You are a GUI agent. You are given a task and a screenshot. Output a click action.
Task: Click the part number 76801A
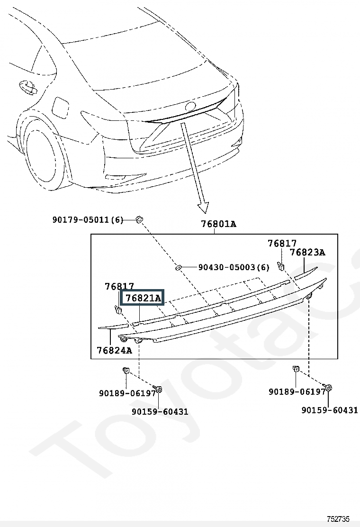217,224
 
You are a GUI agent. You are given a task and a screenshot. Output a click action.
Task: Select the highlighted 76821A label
143,298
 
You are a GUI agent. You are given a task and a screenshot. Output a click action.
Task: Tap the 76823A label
307,252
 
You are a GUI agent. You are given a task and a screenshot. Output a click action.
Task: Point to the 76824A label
114,350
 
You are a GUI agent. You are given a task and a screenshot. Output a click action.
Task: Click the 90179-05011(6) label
88,219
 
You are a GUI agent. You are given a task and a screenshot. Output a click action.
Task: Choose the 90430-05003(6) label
234,267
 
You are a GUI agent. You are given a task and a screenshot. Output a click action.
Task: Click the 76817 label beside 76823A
282,243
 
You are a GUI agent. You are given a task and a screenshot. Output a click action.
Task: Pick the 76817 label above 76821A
119,286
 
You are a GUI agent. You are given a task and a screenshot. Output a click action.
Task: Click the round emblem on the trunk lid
190,106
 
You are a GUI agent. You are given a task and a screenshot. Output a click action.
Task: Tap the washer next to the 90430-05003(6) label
179,268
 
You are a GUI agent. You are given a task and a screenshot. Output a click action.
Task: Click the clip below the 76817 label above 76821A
118,309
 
